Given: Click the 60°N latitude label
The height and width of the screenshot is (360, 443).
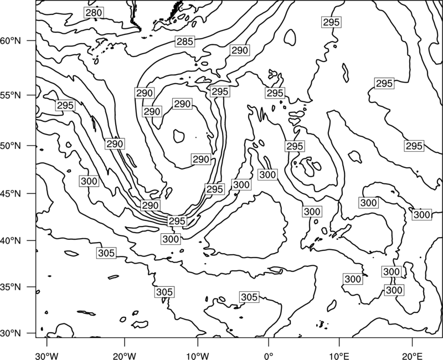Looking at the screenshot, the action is pos(11,41).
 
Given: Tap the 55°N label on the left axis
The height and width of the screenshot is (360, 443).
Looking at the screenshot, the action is pos(11,95).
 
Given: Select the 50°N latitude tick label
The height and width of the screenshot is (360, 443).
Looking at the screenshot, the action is pos(11,146).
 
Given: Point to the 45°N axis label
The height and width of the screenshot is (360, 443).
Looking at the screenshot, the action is pos(11,193).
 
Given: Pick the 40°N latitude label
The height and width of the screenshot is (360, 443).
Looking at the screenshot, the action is pos(11,241).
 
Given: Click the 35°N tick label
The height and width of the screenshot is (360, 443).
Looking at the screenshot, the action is pos(11,287).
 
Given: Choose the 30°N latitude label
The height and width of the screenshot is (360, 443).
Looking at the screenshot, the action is pos(11,333).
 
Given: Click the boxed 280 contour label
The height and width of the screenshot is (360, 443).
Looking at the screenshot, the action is pos(94,13).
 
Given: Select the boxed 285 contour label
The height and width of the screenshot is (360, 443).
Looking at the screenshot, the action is pos(185,42).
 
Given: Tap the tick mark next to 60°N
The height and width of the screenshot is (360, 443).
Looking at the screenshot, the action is pos(32,40).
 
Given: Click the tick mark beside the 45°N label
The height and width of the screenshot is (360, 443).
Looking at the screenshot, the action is pos(32,193).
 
